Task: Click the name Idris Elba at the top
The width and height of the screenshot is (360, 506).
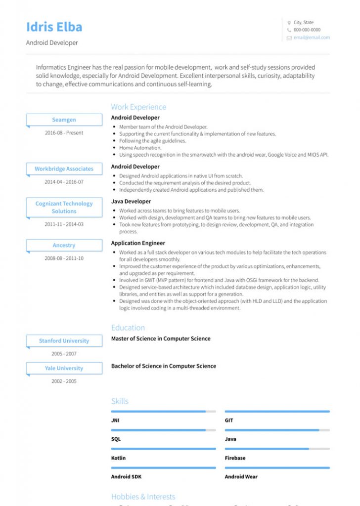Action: point(54,27)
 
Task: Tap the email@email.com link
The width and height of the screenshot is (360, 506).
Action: point(312,38)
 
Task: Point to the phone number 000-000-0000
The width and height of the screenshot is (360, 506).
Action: point(307,30)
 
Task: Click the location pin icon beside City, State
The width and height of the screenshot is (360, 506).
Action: point(289,23)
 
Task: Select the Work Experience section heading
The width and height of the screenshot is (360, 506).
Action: point(138,107)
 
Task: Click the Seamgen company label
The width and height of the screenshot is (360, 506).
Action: point(64,120)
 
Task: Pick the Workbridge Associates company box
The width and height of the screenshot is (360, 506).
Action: point(64,169)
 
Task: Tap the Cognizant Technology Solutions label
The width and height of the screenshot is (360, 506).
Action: point(64,208)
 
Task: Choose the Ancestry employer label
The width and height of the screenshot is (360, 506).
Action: point(64,246)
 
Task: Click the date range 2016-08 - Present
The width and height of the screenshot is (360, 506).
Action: point(64,133)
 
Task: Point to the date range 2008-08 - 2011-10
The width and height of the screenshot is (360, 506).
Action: point(64,258)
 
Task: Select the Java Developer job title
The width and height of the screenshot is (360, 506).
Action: point(131,202)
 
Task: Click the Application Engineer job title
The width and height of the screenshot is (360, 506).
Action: point(138,243)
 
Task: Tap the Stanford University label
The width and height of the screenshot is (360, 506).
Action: point(64,341)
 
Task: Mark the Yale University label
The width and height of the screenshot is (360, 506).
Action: point(64,369)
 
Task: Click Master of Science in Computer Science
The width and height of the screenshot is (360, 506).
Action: point(161,339)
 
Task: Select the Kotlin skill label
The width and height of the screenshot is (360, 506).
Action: point(118,458)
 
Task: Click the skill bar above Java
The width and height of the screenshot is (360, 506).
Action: point(277,430)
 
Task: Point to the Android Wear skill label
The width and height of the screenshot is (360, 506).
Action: point(241,477)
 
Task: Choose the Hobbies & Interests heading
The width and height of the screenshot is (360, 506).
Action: point(143,497)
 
